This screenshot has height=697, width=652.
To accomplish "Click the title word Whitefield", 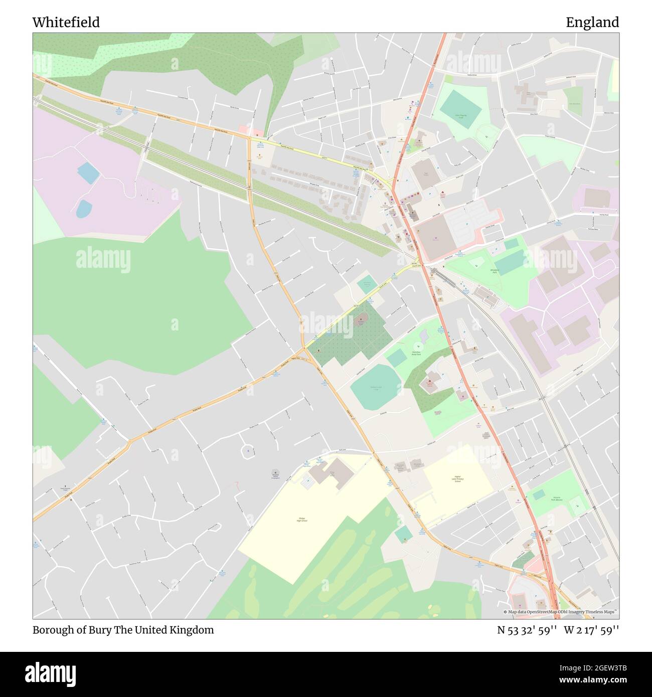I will click(x=66, y=23).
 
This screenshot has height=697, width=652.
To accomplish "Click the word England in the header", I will click(x=592, y=23).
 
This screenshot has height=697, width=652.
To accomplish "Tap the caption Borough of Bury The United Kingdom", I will click(x=123, y=630).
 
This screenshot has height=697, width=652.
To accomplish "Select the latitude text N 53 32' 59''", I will click(x=526, y=630).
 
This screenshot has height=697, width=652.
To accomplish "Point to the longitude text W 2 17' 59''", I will click(x=591, y=630).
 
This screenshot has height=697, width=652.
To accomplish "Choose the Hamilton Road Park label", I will click(x=416, y=354).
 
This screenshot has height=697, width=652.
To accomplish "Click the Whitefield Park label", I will click(x=483, y=270).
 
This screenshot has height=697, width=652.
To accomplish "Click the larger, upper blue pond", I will click(x=88, y=172).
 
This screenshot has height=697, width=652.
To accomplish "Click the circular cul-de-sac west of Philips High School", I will click(x=247, y=451).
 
